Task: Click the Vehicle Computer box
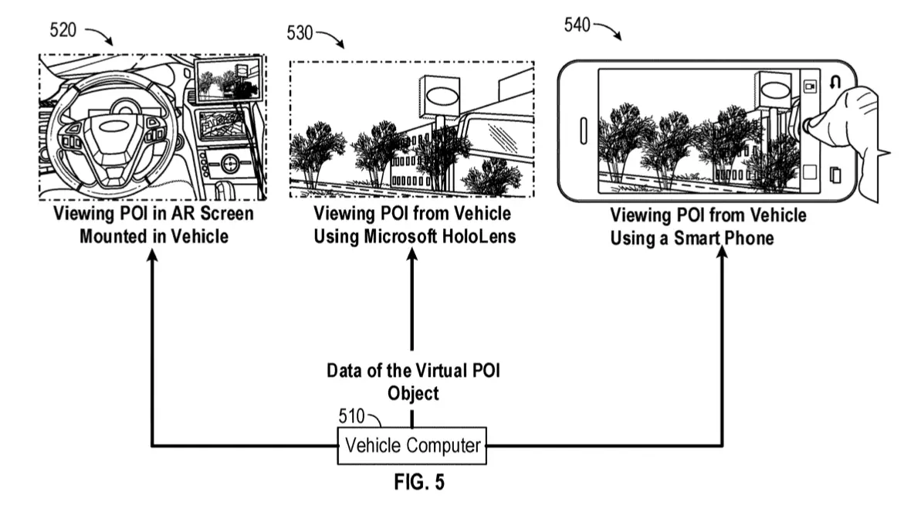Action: click(x=411, y=446)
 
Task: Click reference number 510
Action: click(x=351, y=416)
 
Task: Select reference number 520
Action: click(x=63, y=30)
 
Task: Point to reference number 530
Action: click(x=300, y=33)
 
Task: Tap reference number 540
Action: click(x=577, y=25)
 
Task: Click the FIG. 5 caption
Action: click(x=419, y=482)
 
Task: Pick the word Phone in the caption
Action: click(x=748, y=238)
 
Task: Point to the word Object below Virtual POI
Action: click(x=413, y=393)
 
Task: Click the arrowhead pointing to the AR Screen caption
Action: click(x=152, y=256)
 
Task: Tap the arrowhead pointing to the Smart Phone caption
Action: click(x=722, y=254)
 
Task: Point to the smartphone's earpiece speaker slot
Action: click(x=583, y=131)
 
